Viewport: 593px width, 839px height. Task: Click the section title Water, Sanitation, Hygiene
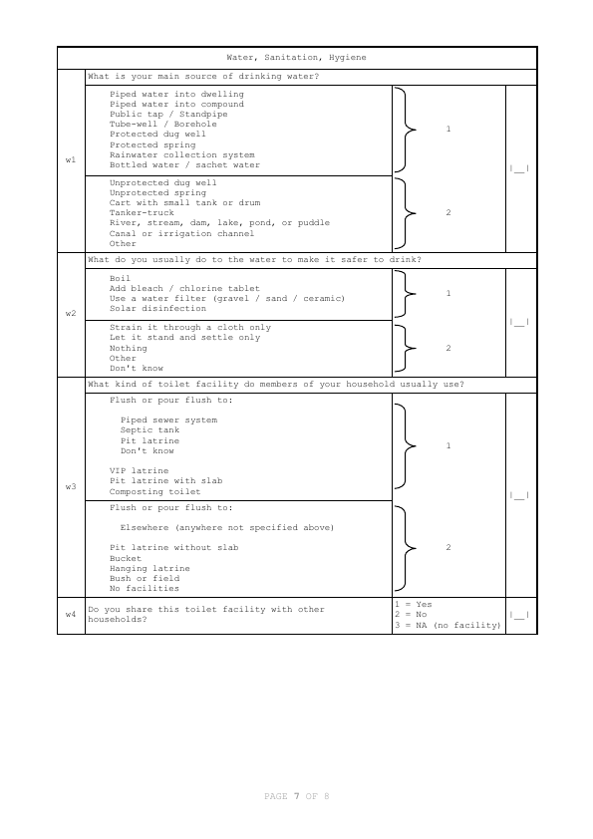point(296,58)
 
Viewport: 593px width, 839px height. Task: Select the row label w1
point(71,160)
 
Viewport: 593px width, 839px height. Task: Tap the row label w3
point(71,486)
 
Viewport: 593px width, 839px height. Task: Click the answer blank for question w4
point(519,615)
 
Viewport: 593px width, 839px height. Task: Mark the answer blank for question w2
point(519,323)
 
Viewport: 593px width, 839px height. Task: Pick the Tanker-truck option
point(142,213)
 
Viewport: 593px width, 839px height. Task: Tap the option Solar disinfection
point(157,308)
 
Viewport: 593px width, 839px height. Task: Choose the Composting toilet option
point(154,491)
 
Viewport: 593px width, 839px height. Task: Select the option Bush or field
point(145,578)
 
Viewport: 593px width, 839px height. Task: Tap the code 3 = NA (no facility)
point(446,625)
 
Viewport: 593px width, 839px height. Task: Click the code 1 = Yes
point(413,604)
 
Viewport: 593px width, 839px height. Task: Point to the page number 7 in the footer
point(296,796)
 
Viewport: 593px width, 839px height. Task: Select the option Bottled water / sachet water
point(184,165)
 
